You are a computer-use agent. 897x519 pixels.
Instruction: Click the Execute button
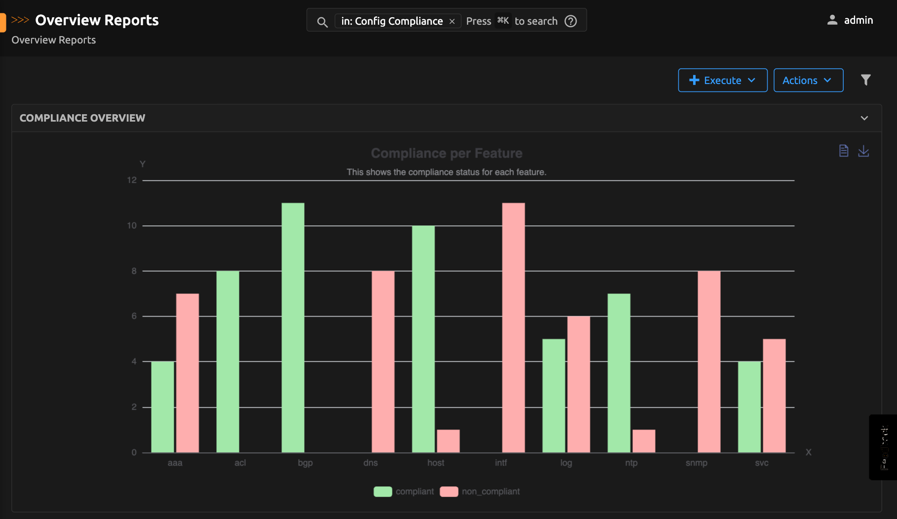722,80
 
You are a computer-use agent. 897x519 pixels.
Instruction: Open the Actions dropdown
808,80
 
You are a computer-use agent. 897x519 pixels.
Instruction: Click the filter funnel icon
865,80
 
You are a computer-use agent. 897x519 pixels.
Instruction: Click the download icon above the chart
863,151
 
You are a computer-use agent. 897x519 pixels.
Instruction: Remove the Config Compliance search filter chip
452,21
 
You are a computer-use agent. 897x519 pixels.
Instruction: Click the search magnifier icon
322,22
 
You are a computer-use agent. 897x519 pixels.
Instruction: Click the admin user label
858,20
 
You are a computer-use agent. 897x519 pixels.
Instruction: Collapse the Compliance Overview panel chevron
864,118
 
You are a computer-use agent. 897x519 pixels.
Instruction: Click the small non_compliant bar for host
448,441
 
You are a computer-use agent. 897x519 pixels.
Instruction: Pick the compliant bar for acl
228,361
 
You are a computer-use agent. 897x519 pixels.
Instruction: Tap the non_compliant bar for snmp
709,361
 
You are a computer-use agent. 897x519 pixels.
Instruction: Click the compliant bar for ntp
619,373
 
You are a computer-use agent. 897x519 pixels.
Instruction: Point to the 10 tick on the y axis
132,226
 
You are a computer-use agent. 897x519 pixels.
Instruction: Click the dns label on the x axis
370,463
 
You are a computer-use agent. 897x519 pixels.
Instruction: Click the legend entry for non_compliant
490,491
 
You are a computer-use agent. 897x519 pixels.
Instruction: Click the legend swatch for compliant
383,491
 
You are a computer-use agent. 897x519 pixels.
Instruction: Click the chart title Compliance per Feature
446,153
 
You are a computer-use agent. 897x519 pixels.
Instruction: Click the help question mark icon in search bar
571,21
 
